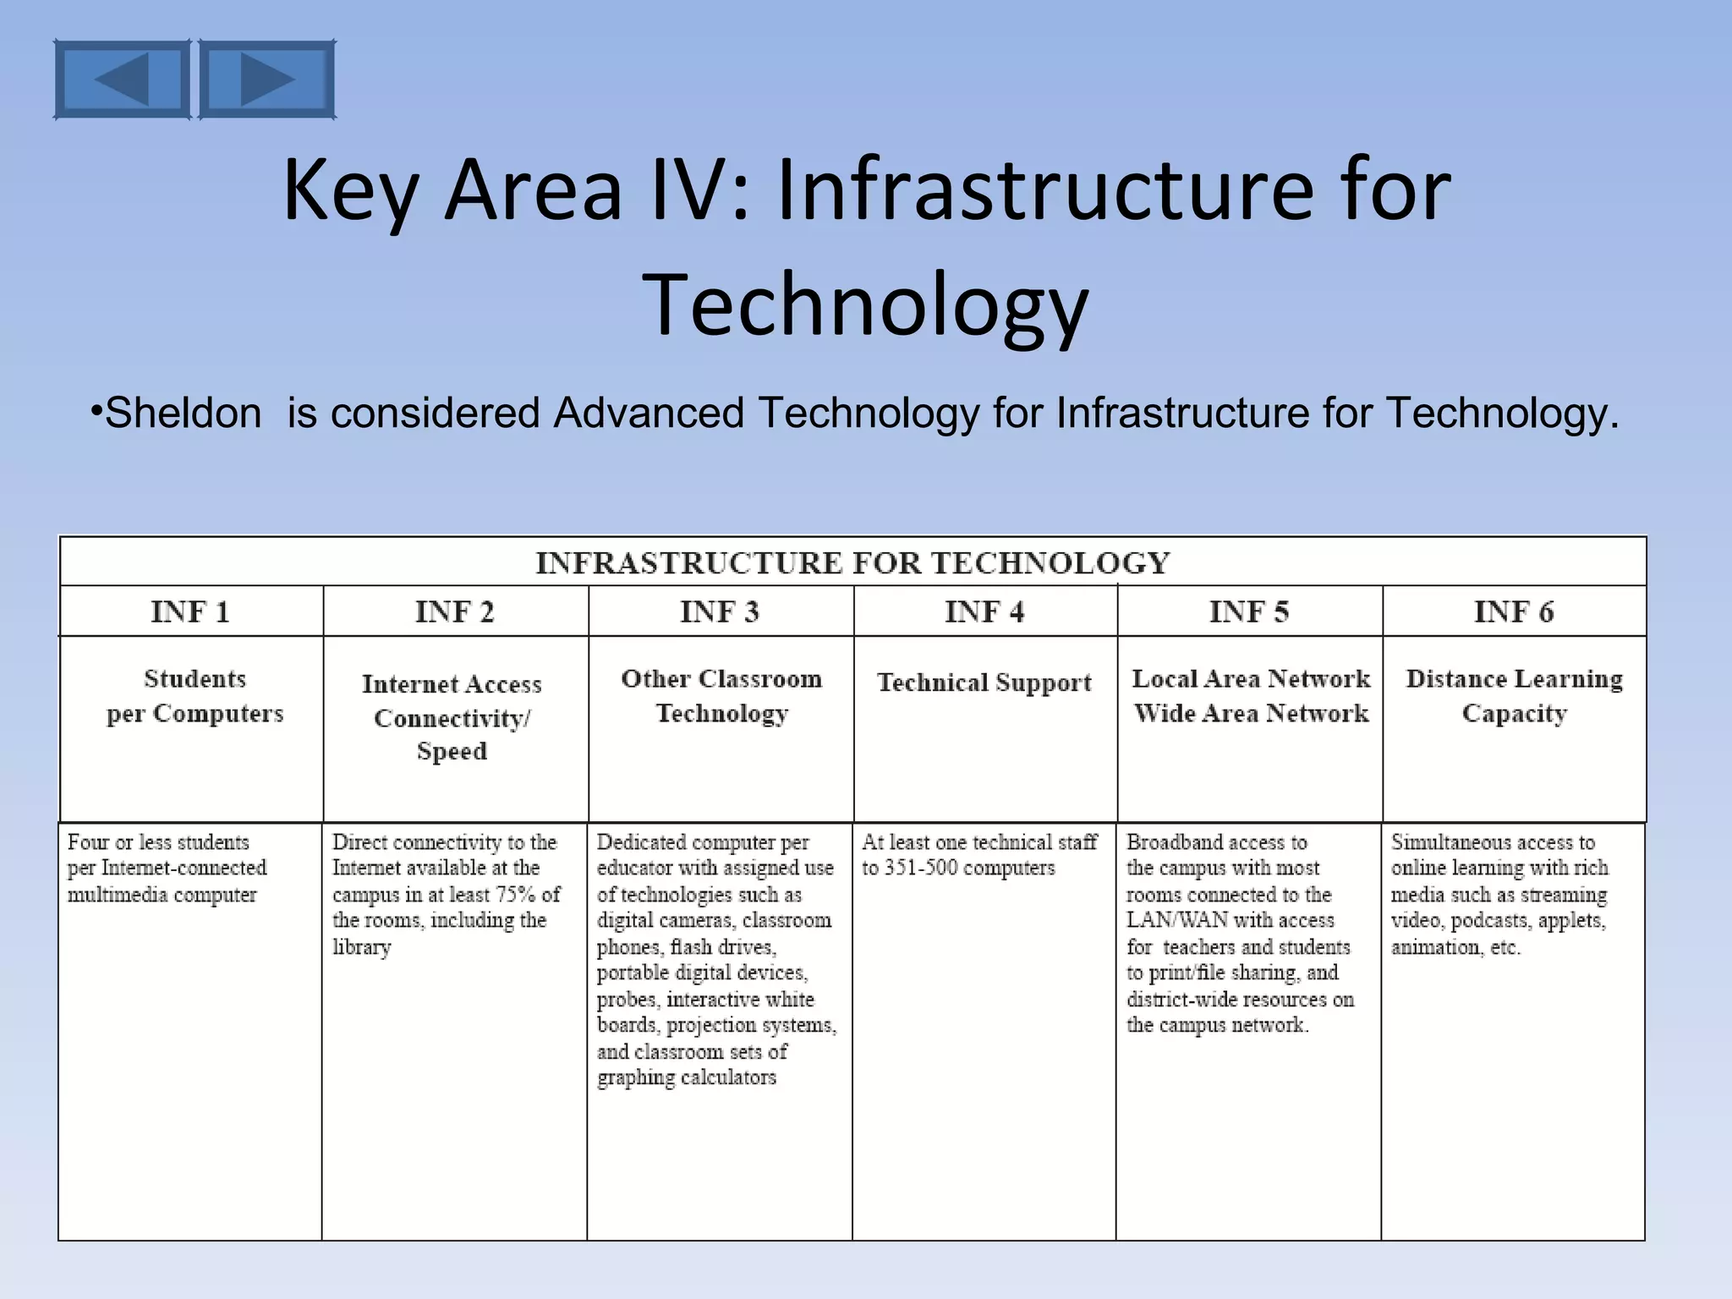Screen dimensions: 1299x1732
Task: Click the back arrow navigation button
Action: (122, 79)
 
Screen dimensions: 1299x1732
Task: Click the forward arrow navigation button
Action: (267, 79)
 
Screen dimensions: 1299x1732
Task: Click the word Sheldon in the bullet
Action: (183, 414)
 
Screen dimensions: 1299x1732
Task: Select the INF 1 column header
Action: (190, 611)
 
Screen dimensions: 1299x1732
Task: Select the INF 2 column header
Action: (455, 611)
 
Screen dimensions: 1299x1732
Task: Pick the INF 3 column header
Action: (720, 611)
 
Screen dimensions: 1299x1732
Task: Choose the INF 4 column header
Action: (984, 611)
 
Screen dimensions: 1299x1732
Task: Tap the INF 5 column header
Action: (1249, 611)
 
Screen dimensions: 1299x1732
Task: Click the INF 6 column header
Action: (1514, 611)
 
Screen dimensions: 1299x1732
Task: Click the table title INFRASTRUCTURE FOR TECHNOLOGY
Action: (852, 562)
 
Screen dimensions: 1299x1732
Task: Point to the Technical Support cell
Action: (984, 682)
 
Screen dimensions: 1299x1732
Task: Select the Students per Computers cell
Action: (195, 696)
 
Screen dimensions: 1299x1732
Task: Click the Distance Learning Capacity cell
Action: (1514, 696)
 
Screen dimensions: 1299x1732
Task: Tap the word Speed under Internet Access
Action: (452, 751)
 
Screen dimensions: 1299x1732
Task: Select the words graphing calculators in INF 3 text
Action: (686, 1077)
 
